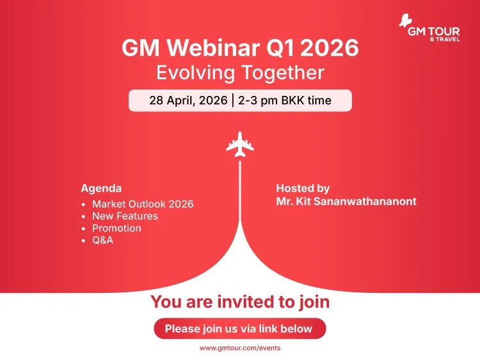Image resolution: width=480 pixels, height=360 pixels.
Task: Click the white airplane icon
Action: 239,143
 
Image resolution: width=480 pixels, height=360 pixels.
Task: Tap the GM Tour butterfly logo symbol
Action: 406,20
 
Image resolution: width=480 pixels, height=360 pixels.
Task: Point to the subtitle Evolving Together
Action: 240,72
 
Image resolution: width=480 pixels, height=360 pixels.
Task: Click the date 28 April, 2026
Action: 189,101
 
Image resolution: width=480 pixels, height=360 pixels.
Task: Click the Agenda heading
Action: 101,189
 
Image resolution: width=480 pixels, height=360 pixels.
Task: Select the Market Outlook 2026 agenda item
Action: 143,204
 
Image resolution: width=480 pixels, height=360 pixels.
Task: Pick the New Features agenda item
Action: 125,216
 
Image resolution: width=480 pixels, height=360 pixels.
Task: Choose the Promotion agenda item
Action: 116,228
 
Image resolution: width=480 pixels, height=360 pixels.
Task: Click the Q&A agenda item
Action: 103,240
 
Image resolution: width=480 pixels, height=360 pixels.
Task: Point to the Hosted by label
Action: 303,189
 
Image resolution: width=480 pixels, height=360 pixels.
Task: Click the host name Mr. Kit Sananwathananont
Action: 346,201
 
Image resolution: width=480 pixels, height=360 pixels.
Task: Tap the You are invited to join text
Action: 240,302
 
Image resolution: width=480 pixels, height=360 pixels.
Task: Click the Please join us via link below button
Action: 240,329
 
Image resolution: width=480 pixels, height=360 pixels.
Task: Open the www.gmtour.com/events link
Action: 240,348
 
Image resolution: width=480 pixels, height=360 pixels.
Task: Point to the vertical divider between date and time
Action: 235,101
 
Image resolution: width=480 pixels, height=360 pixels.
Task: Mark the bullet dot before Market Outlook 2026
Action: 84,205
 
